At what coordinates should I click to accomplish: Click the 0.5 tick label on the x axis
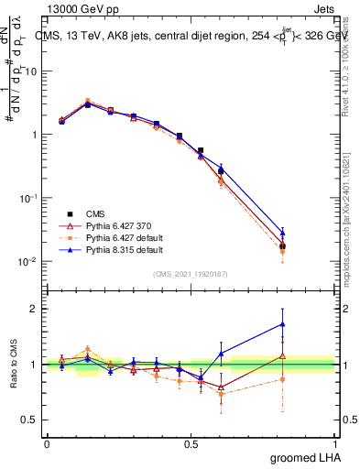pyautogui.click(x=191, y=443)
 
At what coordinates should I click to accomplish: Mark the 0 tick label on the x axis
pyautogui.click(x=47, y=443)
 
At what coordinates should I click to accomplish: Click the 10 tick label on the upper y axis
pyautogui.click(x=32, y=71)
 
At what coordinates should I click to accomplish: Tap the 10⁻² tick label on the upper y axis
pyautogui.click(x=27, y=261)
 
